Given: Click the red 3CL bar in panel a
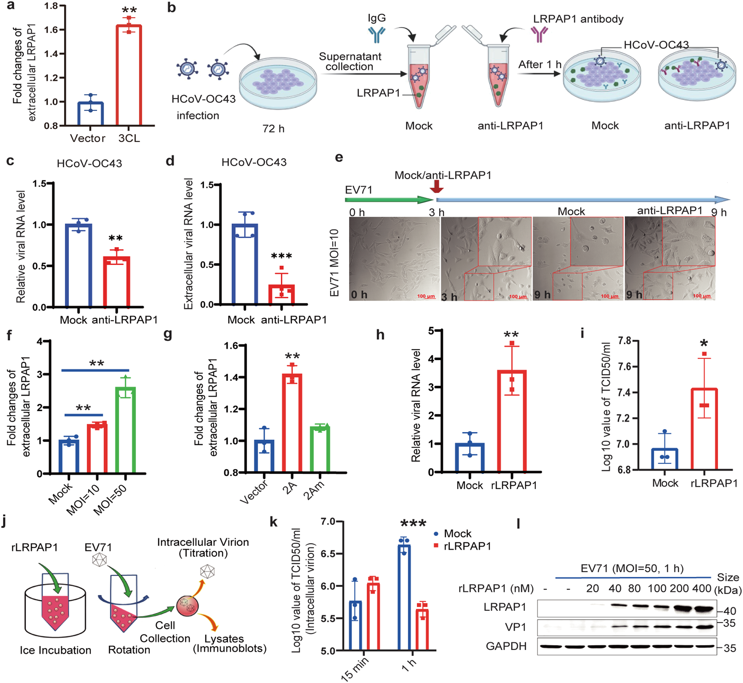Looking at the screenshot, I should [x=129, y=75].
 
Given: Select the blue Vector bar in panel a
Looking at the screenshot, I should [x=90, y=113].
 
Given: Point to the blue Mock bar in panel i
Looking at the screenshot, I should [x=664, y=459].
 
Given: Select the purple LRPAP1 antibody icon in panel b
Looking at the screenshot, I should [x=539, y=35].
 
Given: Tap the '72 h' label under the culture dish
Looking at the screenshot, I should [x=273, y=129].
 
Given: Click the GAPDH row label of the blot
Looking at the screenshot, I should [x=506, y=646].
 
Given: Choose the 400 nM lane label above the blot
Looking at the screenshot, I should [x=702, y=588].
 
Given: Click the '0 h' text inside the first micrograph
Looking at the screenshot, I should [x=359, y=294].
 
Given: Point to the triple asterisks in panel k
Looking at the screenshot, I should [x=413, y=523].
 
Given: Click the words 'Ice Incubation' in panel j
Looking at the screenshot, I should [x=55, y=650].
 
